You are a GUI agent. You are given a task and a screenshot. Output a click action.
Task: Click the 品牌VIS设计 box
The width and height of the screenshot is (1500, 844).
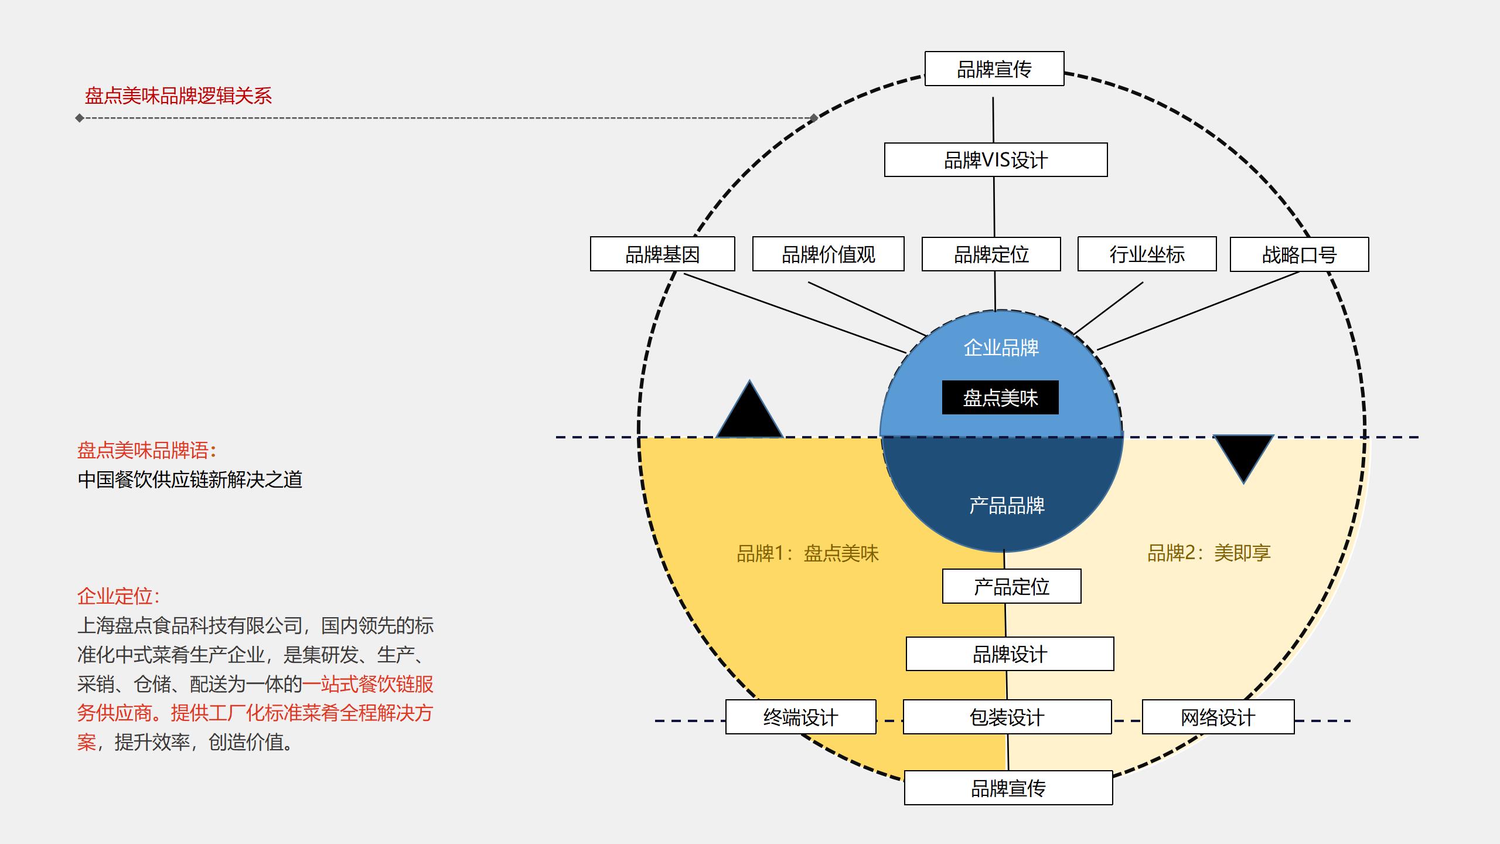tap(996, 159)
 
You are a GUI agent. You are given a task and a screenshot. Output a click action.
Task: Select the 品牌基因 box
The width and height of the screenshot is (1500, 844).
tap(662, 254)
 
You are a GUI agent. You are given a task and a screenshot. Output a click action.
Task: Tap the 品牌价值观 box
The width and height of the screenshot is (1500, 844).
tap(828, 254)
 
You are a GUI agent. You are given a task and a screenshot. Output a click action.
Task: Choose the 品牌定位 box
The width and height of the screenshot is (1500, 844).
tap(991, 254)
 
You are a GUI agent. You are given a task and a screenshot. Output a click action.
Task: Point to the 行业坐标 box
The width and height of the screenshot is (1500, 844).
tap(1147, 254)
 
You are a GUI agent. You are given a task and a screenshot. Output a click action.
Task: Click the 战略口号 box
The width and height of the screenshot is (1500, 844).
tap(1299, 254)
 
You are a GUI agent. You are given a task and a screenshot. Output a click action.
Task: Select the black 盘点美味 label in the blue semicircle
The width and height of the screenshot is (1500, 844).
tap(1000, 398)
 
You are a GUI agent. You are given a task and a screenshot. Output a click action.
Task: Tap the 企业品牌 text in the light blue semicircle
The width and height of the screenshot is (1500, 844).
tap(1001, 348)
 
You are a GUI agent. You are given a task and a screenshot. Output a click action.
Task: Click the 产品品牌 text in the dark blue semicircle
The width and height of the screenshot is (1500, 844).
tap(1007, 505)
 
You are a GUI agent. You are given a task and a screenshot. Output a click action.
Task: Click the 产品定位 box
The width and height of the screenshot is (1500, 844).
tap(1011, 586)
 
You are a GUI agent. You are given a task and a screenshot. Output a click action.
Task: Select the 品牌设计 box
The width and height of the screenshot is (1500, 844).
tap(1010, 654)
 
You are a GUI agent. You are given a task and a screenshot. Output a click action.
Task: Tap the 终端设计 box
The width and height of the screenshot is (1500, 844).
tap(800, 717)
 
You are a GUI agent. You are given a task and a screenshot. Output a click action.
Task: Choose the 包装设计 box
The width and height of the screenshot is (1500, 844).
tap(1007, 717)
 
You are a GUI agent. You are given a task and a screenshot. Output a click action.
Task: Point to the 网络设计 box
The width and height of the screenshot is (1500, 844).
tap(1218, 717)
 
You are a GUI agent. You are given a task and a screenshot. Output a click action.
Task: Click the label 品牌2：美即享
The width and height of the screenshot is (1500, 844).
tap(1209, 553)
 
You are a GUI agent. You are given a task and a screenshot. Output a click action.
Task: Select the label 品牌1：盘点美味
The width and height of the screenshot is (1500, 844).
tap(807, 553)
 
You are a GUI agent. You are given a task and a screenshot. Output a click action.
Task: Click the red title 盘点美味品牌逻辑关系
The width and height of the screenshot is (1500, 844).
tap(178, 96)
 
